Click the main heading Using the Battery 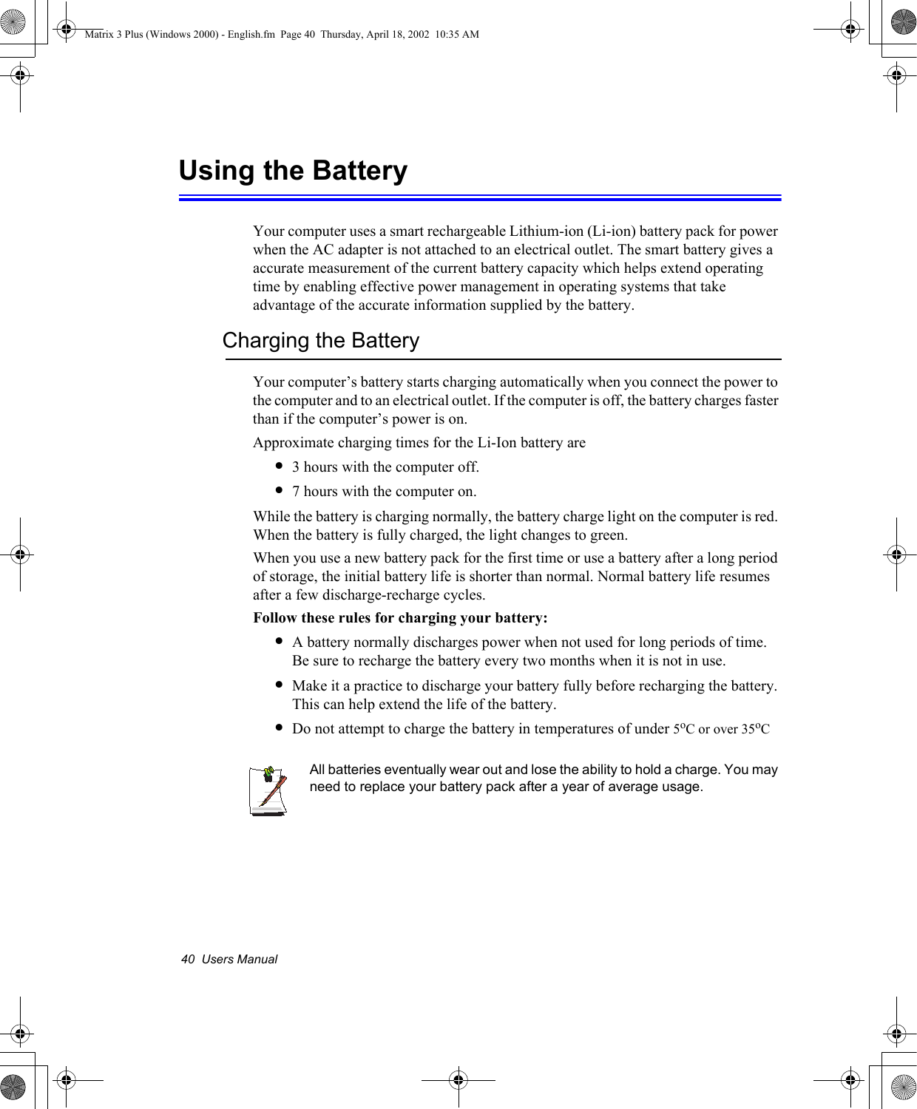(x=293, y=171)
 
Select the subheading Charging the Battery (x=320, y=341)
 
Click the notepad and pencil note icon (x=268, y=790)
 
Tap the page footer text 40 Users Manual (x=229, y=959)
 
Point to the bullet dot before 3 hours (x=279, y=467)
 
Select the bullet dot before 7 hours (x=279, y=491)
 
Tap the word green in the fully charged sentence (x=606, y=535)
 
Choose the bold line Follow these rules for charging (x=400, y=617)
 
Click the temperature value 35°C (x=755, y=729)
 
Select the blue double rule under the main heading (x=480, y=197)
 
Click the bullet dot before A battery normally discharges (x=279, y=642)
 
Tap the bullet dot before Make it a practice (x=279, y=685)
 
